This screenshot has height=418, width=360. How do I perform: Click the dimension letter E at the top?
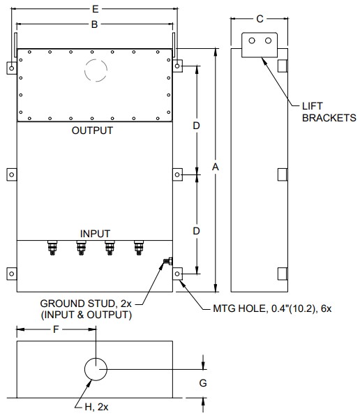tap(95, 9)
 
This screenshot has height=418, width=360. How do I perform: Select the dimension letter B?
tap(94, 24)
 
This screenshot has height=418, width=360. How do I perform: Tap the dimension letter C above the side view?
tap(260, 19)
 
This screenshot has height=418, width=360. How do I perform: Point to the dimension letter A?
tap(216, 167)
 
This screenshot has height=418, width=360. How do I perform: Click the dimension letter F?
tap(56, 329)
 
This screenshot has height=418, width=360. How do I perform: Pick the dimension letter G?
tap(203, 383)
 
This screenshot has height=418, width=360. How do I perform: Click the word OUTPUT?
tap(92, 130)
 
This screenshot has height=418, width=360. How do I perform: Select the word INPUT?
tap(95, 234)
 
